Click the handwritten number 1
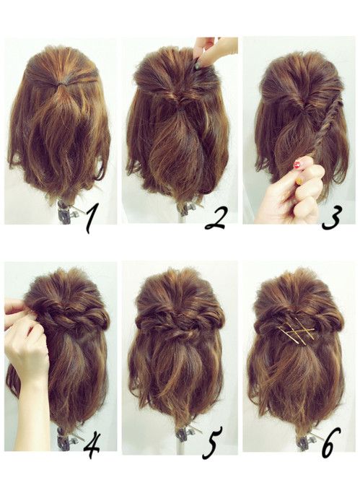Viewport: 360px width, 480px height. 91,219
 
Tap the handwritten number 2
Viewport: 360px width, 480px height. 216,218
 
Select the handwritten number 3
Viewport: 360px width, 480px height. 331,218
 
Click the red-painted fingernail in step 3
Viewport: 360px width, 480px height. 297,165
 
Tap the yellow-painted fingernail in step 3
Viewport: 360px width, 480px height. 299,181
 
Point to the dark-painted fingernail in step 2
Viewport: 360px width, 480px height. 198,64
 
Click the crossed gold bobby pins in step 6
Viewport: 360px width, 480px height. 297,335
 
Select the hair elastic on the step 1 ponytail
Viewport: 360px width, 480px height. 62,83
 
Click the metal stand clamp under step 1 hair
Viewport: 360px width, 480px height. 66,211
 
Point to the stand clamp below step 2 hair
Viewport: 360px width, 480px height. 185,209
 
